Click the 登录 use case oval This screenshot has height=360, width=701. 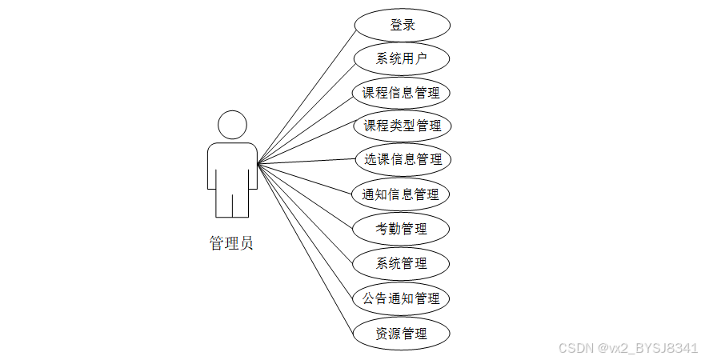(403, 25)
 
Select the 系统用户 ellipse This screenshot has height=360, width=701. (402, 58)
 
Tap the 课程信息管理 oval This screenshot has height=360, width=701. (401, 93)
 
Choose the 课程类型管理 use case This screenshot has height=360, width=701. (403, 126)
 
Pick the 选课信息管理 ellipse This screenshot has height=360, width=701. (403, 159)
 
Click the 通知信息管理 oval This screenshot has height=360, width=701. (401, 194)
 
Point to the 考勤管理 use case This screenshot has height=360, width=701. (402, 229)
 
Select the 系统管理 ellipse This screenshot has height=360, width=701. (402, 263)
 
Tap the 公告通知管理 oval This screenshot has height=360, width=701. (401, 298)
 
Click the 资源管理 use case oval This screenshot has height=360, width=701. (402, 333)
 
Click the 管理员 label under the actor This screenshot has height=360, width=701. (232, 243)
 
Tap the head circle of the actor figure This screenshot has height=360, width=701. (232, 126)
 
